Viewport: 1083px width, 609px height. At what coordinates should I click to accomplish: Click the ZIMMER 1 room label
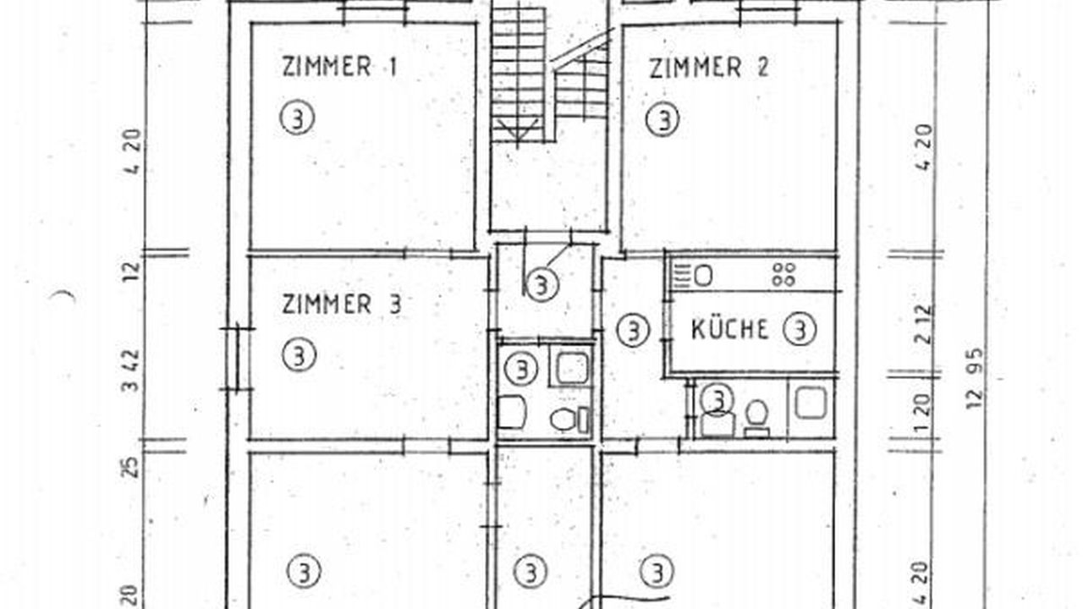coord(339,67)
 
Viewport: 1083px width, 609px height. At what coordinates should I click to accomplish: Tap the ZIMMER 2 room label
coord(709,68)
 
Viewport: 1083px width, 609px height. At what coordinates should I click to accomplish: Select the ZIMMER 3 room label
coord(341,304)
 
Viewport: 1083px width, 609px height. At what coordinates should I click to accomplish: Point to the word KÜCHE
coord(730,329)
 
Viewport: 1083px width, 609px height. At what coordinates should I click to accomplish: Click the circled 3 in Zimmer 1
coord(298,118)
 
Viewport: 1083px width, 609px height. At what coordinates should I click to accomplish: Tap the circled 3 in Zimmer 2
coord(663,119)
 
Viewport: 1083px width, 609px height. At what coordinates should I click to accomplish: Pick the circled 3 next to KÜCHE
coord(800,330)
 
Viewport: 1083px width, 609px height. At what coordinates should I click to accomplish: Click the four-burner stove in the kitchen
coord(783,275)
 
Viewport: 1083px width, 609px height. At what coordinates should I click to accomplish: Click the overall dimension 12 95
coord(975,378)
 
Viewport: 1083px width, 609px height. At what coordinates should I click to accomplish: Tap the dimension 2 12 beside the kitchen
coord(924,324)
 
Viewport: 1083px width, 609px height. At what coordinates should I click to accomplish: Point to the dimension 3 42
coord(130,371)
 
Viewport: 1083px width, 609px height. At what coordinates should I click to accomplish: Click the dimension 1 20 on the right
coord(923,414)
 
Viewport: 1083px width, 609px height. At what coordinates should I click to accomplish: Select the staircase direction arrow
coord(518,130)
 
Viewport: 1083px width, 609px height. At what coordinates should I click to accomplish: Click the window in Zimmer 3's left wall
coord(238,359)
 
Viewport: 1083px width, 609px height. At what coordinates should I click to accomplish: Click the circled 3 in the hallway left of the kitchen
coord(634,331)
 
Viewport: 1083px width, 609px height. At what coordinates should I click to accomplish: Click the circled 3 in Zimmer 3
coord(299,355)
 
